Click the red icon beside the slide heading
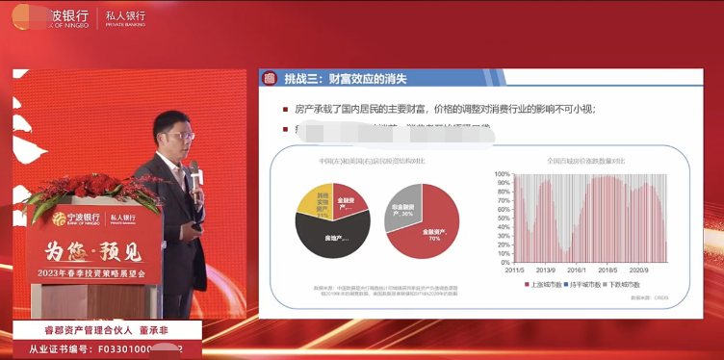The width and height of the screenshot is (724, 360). (271, 79)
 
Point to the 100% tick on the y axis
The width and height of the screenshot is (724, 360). (502, 174)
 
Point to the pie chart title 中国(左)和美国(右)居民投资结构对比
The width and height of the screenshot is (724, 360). (370, 161)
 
